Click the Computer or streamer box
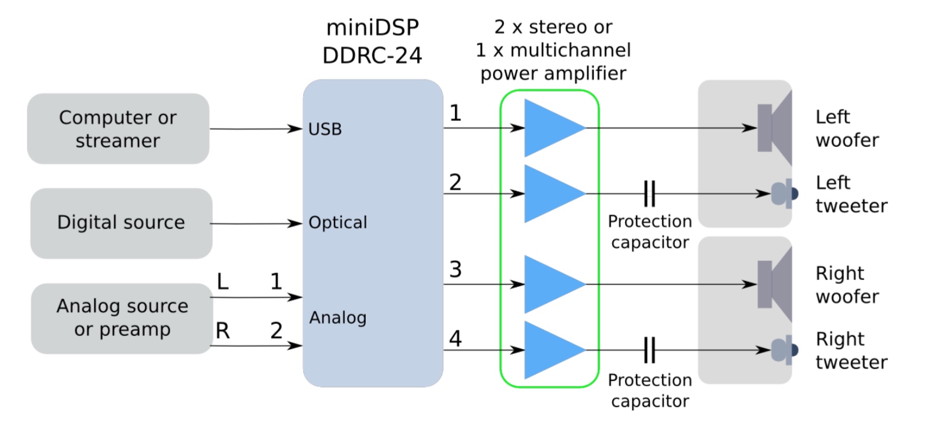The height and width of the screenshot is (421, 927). click(118, 128)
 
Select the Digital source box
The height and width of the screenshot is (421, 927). click(121, 223)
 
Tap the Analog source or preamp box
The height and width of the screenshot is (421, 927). click(122, 317)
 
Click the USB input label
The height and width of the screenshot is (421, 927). click(325, 129)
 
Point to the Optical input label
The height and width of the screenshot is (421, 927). click(337, 223)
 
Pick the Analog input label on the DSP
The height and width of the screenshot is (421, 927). click(337, 317)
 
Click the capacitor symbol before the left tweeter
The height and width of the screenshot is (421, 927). click(650, 194)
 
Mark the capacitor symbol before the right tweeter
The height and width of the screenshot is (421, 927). click(650, 350)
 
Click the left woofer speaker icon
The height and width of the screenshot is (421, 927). click(774, 128)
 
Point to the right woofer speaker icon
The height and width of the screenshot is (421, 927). click(774, 284)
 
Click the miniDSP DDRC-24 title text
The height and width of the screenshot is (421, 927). click(372, 42)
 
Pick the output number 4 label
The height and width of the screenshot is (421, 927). click(455, 339)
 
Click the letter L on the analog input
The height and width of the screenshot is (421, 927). click(223, 282)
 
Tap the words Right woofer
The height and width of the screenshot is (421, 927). click(847, 285)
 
